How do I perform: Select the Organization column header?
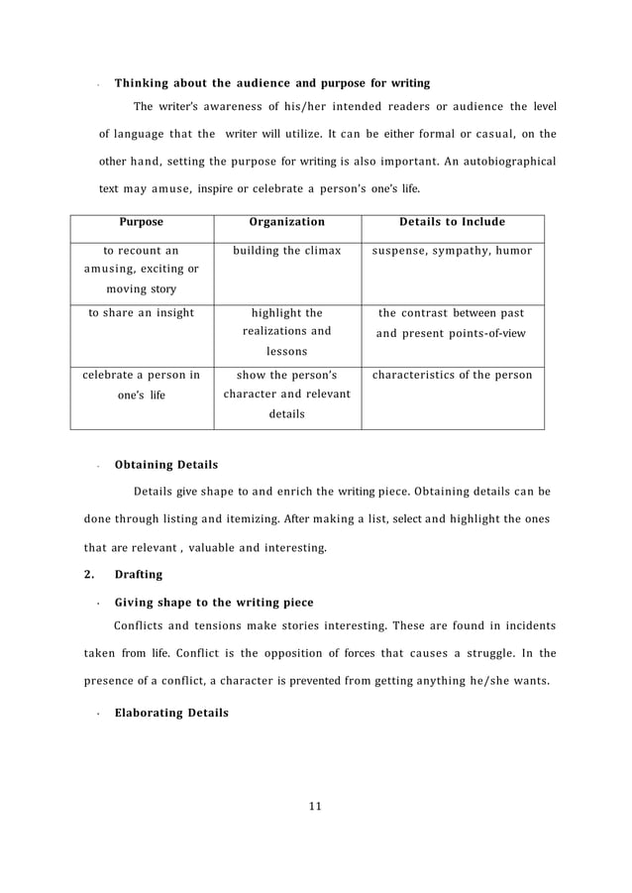(x=286, y=222)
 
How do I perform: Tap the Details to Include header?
(x=452, y=222)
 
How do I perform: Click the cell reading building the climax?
(x=286, y=251)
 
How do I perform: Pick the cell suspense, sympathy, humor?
(x=452, y=251)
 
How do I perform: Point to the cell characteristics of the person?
(x=452, y=375)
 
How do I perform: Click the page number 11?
(x=315, y=804)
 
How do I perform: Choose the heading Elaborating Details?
(x=171, y=712)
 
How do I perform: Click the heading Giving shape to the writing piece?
(x=214, y=602)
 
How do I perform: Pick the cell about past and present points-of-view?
(x=452, y=323)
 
